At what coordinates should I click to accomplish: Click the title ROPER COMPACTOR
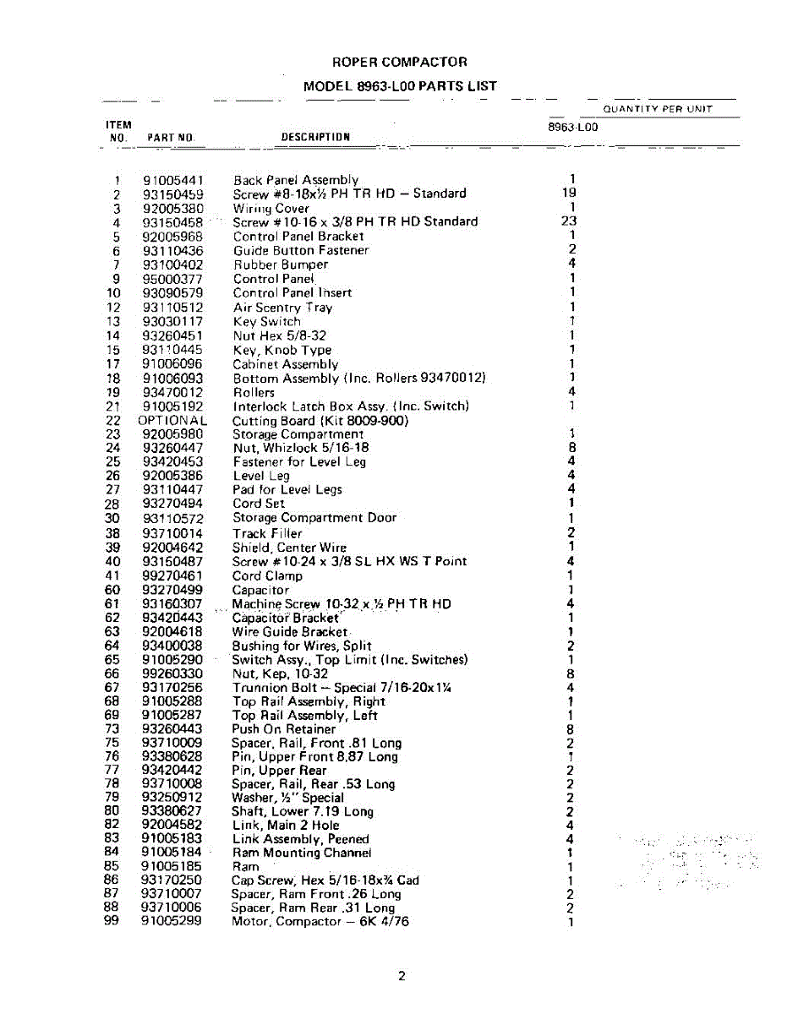(x=399, y=63)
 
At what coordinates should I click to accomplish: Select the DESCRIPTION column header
(x=315, y=137)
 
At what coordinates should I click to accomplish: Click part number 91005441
(x=173, y=180)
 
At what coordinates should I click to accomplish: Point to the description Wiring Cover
(x=271, y=208)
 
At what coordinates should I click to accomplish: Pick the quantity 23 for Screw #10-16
(x=570, y=221)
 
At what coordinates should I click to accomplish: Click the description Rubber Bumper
(x=281, y=264)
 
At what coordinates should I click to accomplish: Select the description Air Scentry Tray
(x=283, y=308)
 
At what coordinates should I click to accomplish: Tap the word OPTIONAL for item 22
(x=172, y=420)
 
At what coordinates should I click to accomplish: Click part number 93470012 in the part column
(x=173, y=392)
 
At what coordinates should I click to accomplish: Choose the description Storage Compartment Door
(x=314, y=517)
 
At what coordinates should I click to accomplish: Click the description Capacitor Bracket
(x=286, y=618)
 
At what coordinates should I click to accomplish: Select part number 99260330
(x=172, y=673)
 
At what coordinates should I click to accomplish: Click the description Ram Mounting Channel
(x=302, y=853)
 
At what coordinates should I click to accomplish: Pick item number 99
(x=111, y=921)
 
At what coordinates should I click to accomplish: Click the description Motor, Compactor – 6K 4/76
(x=320, y=921)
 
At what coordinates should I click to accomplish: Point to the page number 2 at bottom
(x=402, y=977)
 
